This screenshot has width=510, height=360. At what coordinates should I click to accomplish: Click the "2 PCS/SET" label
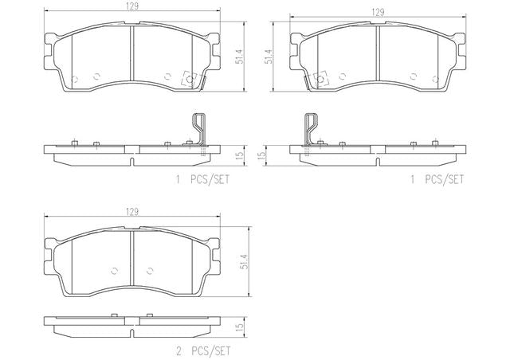203,351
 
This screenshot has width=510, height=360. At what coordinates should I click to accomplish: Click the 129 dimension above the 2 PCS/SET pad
132,212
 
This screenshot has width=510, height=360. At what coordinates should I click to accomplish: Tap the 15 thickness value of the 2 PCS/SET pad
240,327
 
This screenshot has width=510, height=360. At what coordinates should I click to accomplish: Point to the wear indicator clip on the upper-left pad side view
199,129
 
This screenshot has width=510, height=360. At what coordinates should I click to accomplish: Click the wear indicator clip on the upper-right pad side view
311,129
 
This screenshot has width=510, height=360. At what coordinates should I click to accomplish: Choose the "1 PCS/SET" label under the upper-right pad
437,179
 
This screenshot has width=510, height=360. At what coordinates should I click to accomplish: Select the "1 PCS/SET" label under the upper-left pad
203,179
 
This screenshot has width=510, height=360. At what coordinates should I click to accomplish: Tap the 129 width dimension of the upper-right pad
378,13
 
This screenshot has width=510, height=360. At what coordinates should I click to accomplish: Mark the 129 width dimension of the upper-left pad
132,7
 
